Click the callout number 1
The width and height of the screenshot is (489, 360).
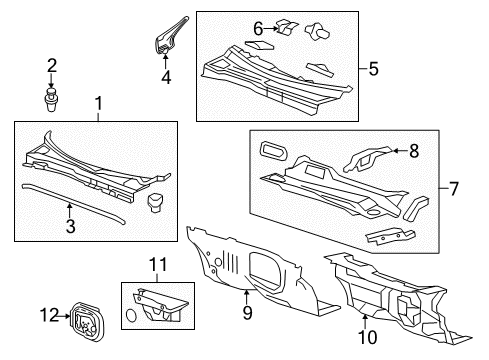click(x=97, y=104)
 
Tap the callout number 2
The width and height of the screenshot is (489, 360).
click(x=52, y=66)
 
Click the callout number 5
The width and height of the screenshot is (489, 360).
click(x=374, y=69)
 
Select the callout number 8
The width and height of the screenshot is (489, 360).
click(x=412, y=151)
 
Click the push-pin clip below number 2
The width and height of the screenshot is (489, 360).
click(x=52, y=98)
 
